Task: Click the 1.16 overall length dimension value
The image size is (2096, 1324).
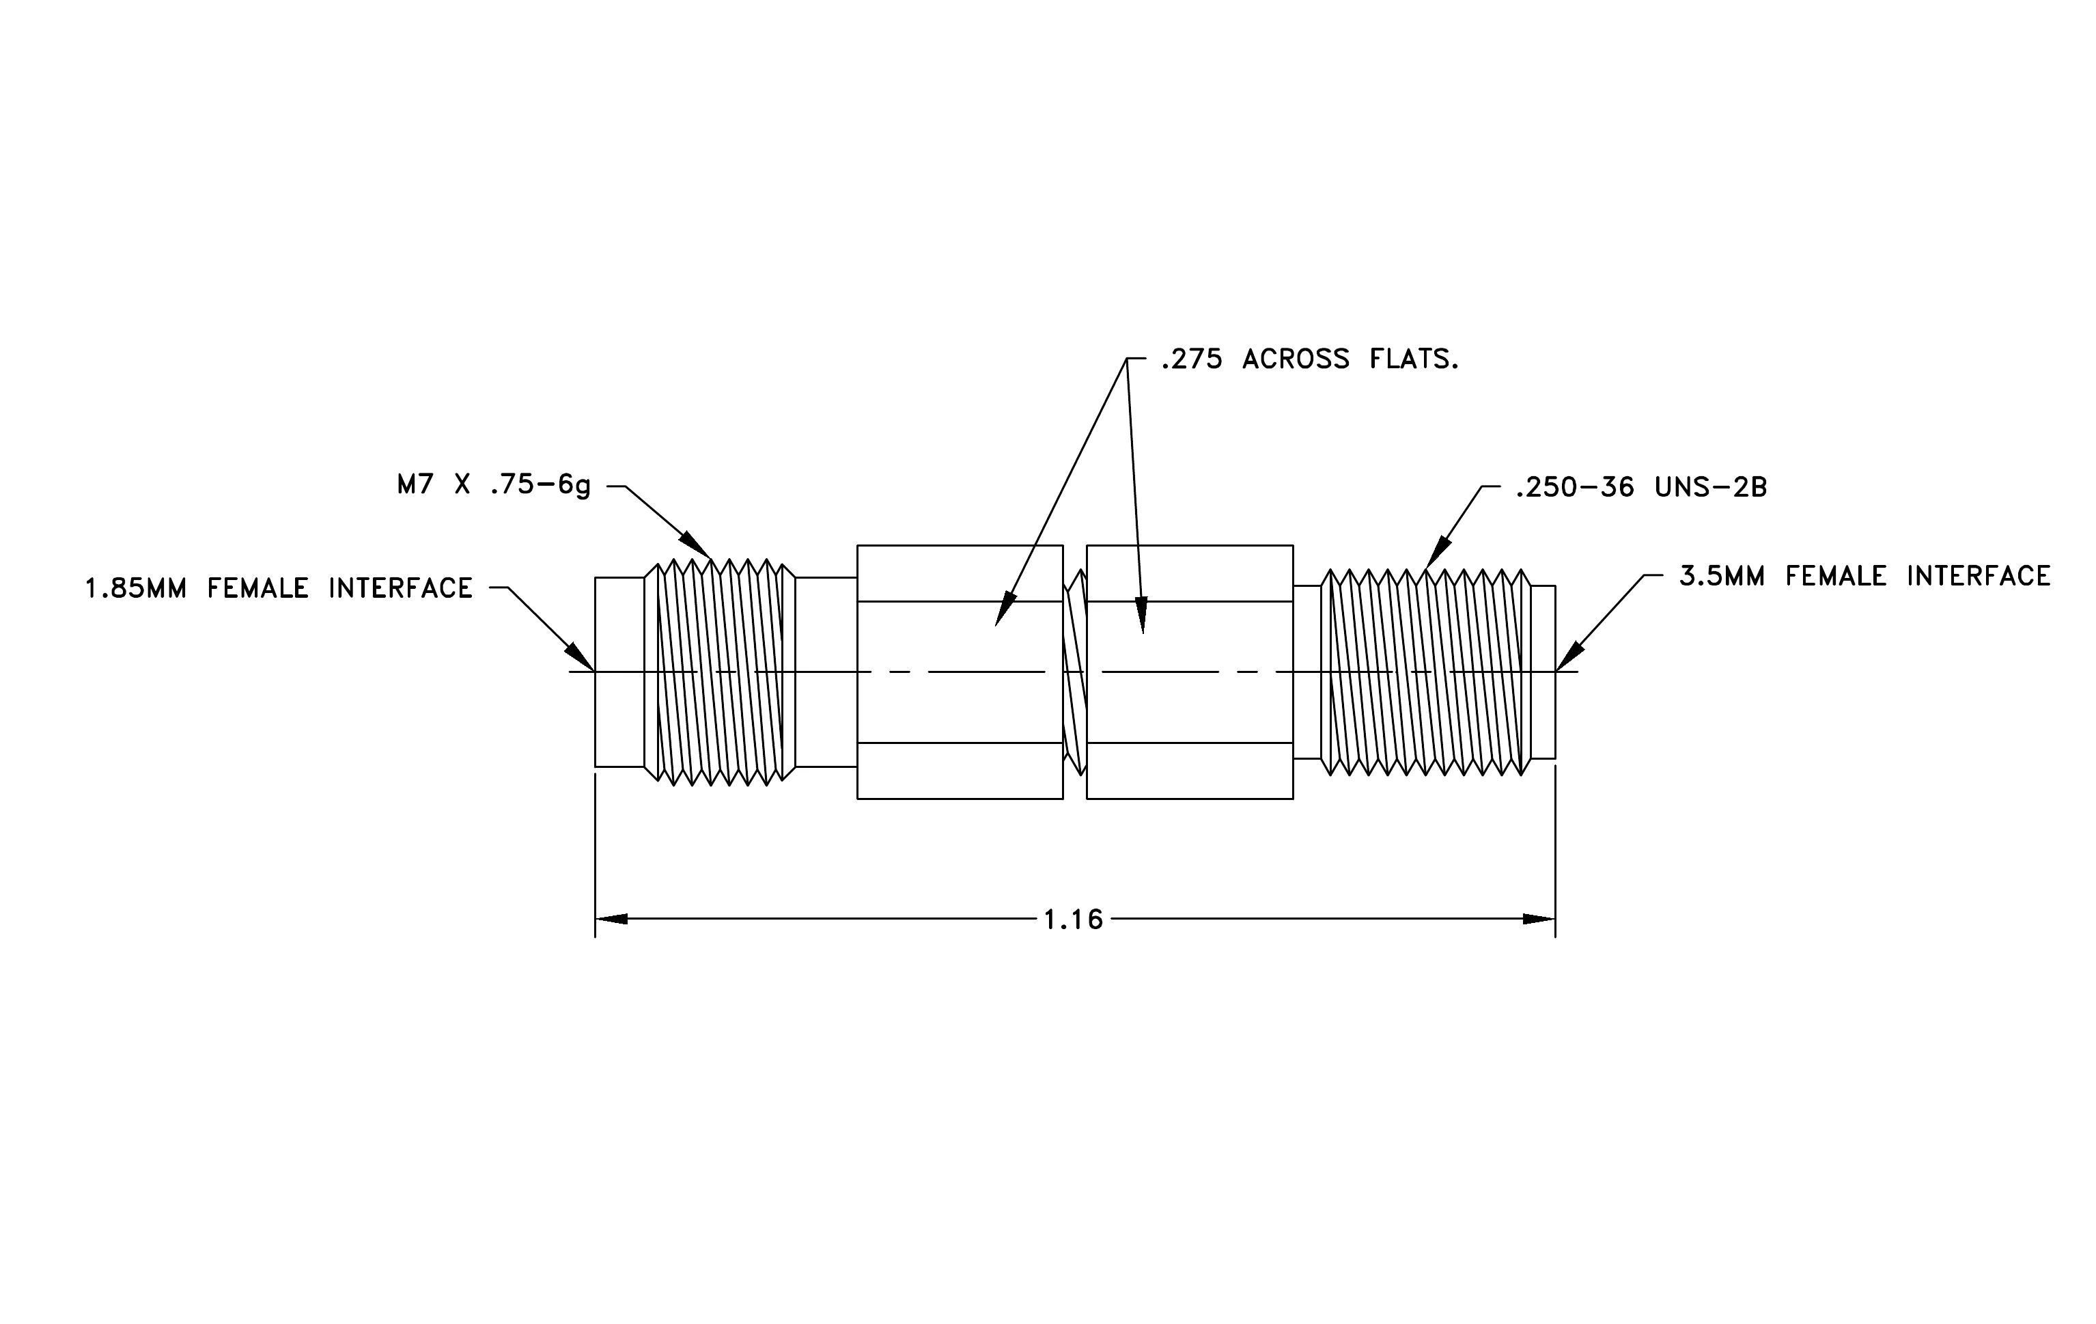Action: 1073,920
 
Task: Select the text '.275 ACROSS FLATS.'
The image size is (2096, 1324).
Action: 1310,359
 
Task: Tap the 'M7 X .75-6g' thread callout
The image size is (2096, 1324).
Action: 494,486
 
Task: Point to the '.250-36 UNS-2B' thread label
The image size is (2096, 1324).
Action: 1640,488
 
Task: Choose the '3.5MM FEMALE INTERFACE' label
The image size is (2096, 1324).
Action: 1865,576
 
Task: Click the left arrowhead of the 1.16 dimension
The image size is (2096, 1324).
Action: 611,920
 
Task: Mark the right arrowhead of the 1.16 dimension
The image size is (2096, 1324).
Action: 1539,920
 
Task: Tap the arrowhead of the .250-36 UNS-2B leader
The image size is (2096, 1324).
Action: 1437,553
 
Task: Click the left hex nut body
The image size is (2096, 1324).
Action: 960,672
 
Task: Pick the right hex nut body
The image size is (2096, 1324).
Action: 1190,672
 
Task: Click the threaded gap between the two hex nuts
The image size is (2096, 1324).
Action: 1075,672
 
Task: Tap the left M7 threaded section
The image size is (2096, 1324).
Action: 720,672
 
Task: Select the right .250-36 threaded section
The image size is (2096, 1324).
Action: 1426,672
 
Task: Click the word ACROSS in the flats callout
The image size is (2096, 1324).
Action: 1296,359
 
